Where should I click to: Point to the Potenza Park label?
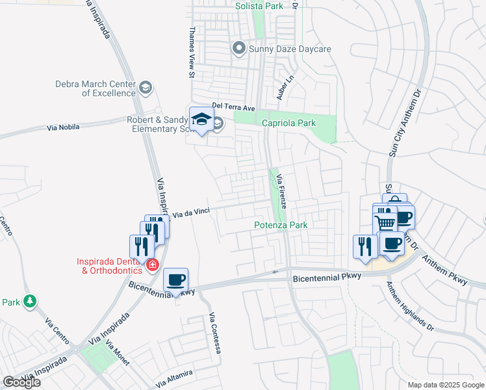coord(280,225)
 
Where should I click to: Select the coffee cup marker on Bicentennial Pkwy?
coord(176,280)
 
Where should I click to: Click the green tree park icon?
coord(29,302)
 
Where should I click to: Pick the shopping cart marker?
coord(386,223)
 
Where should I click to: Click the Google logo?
coord(21,382)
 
